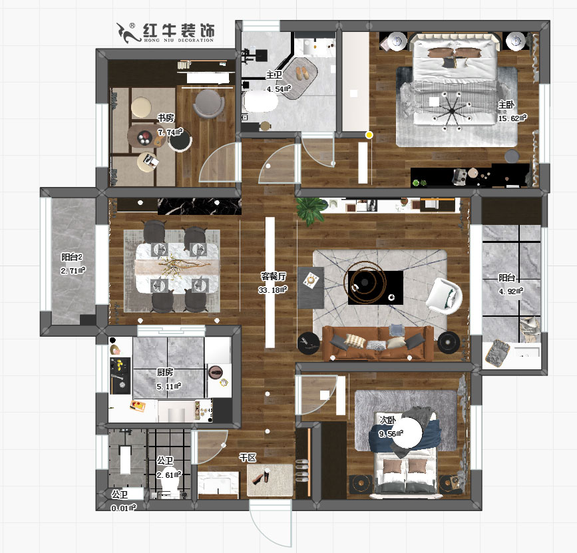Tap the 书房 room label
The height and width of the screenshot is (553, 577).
[x=166, y=118]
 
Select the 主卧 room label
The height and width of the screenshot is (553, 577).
[x=506, y=104]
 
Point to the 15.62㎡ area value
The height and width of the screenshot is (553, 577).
[x=512, y=118]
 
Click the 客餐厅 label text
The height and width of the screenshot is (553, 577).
[x=273, y=276]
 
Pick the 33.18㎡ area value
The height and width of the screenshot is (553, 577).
[x=272, y=289]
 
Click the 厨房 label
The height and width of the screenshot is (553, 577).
[x=165, y=372]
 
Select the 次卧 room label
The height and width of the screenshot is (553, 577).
[x=387, y=421]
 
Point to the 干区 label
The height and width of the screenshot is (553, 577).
[x=248, y=458]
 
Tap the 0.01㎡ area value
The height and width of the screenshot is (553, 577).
[x=123, y=508]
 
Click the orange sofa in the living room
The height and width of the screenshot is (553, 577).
[x=377, y=341]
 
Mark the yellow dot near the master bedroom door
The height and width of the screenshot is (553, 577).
[x=369, y=135]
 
